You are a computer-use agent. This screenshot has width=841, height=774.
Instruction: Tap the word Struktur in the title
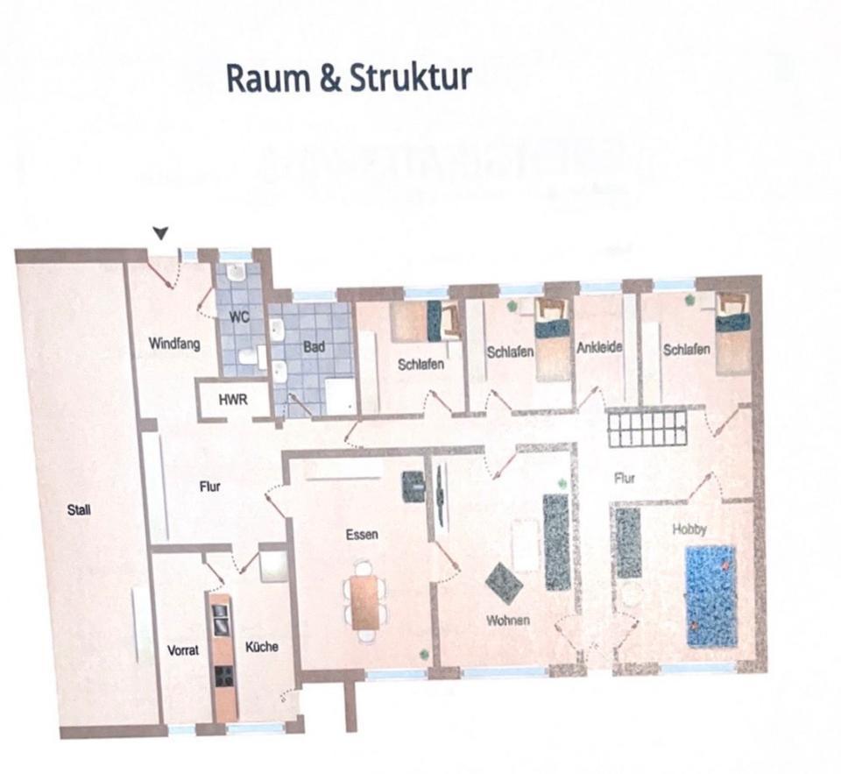pyautogui.click(x=411, y=78)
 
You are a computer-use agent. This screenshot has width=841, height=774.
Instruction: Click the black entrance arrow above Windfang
pyautogui.click(x=159, y=232)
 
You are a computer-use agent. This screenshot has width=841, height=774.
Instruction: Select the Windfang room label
pyautogui.click(x=173, y=344)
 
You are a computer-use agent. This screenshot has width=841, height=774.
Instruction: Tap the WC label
pyautogui.click(x=239, y=317)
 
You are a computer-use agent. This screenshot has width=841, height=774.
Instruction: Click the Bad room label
pyautogui.click(x=314, y=347)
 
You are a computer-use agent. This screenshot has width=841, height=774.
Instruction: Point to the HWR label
pyautogui.click(x=233, y=400)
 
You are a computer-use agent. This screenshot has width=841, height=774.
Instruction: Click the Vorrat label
pyautogui.click(x=184, y=650)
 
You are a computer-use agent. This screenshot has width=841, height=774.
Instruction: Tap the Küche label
pyautogui.click(x=262, y=647)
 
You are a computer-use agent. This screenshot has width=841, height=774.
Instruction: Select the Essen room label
pyautogui.click(x=362, y=534)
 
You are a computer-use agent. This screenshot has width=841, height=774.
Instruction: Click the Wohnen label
pyautogui.click(x=508, y=621)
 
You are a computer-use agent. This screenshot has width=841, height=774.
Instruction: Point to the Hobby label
pyautogui.click(x=689, y=529)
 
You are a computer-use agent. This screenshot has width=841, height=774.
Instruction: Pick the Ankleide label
pyautogui.click(x=599, y=348)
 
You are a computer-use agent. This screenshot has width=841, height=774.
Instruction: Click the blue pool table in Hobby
pyautogui.click(x=710, y=595)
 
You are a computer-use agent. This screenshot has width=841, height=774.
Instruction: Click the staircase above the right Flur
pyautogui.click(x=647, y=430)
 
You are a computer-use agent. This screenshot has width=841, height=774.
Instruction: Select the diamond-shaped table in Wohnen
pyautogui.click(x=504, y=582)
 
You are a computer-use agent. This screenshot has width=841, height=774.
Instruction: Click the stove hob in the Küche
pyautogui.click(x=224, y=676)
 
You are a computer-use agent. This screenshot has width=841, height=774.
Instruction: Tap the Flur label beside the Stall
pyautogui.click(x=209, y=487)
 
